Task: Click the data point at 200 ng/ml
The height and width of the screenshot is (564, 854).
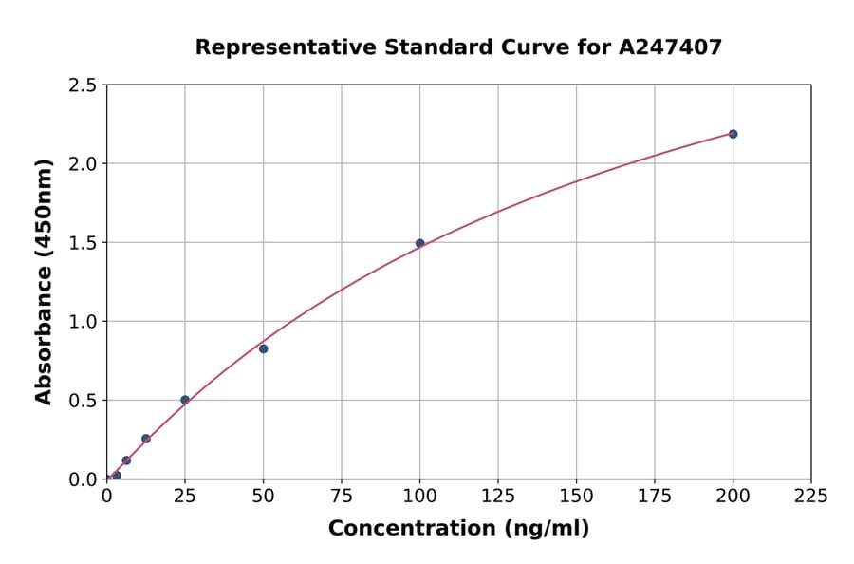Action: coord(733,134)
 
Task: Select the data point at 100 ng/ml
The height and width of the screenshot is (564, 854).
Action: coord(419,243)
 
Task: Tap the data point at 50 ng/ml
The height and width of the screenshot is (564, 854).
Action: coord(263,348)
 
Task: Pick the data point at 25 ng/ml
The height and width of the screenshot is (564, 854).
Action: coord(185,400)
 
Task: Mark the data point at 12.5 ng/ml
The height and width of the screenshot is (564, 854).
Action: coord(146,439)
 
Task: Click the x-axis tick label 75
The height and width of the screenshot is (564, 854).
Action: coord(342,496)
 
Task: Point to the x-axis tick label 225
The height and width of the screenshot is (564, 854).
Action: coord(810,496)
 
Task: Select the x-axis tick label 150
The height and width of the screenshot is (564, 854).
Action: coord(576,496)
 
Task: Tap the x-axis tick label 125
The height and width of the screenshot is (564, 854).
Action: coord(498,496)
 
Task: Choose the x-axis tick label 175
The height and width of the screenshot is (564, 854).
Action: coord(654,496)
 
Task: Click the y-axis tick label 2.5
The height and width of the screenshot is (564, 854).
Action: coord(84,85)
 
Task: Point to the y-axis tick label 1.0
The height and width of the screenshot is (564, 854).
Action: coord(84,322)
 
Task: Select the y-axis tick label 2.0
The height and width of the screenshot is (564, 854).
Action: coord(84,164)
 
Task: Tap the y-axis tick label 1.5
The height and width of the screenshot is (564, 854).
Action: coord(84,243)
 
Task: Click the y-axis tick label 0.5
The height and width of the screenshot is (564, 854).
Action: coord(84,401)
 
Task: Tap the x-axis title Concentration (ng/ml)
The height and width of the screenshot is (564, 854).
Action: coord(458,528)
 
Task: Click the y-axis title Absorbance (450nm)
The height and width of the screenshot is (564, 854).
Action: coord(44,281)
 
